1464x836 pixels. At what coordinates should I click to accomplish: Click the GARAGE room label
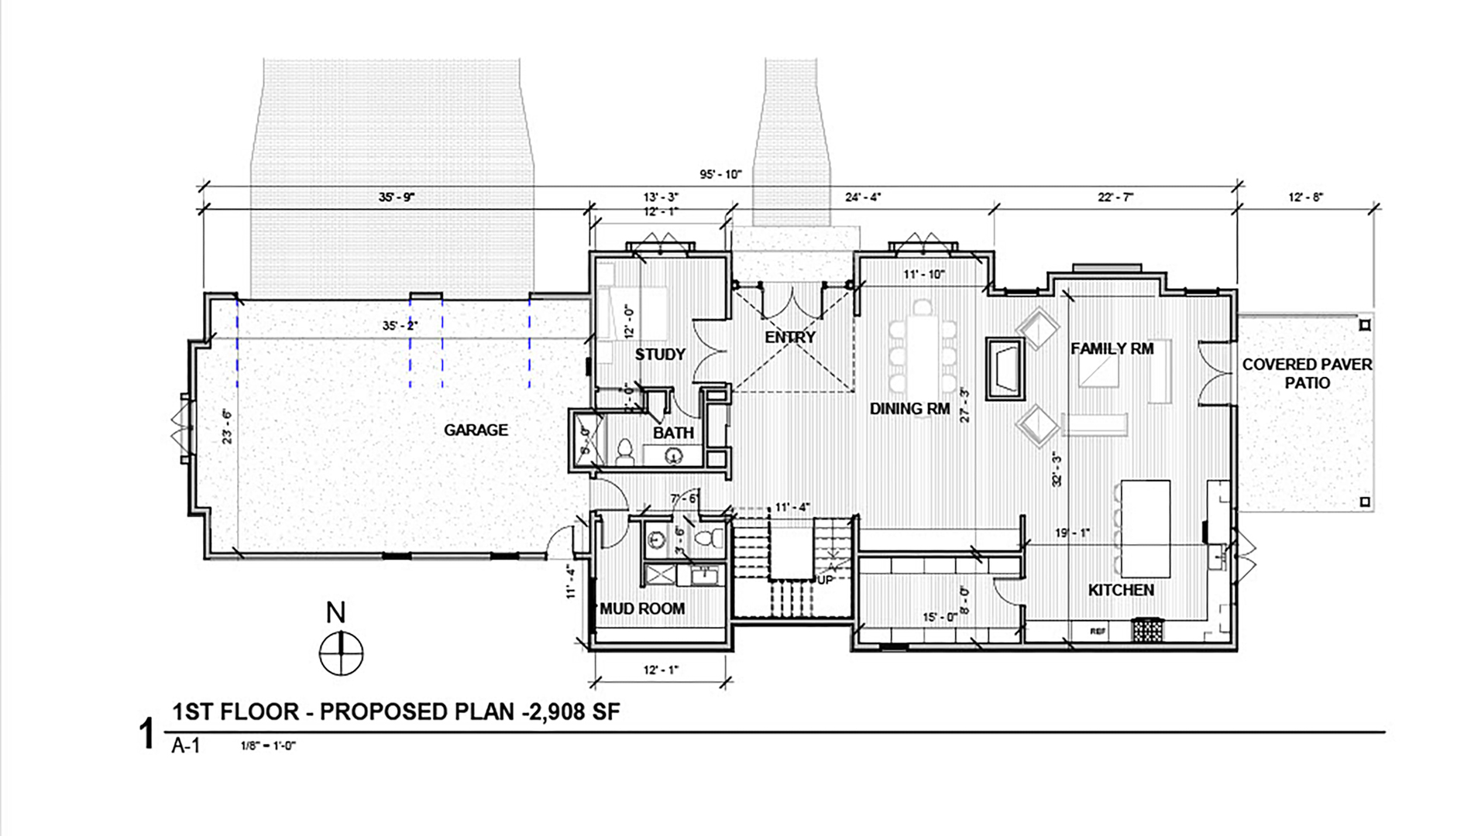tap(476, 430)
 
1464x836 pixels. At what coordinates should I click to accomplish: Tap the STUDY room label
tap(660, 355)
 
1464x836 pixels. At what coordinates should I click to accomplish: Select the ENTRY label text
tap(789, 337)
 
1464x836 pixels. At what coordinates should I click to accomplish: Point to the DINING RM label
tap(909, 409)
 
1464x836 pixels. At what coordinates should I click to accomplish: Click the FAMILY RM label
tap(1112, 349)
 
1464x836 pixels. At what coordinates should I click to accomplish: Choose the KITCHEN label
tap(1121, 591)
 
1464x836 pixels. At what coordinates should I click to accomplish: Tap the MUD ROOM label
tap(643, 609)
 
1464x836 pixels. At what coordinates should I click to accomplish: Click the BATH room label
tap(672, 433)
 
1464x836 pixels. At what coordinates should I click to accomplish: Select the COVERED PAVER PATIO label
tap(1307, 374)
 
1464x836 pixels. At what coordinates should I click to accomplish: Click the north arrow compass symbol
tap(341, 653)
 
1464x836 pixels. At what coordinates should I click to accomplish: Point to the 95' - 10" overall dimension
tap(720, 175)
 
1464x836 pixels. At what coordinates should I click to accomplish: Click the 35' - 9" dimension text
tap(397, 197)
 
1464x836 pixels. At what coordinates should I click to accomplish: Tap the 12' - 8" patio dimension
tap(1305, 197)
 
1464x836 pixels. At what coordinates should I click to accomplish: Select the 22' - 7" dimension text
tap(1115, 197)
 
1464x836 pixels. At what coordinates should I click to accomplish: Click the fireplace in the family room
tap(1005, 368)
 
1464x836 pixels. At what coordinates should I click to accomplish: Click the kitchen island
tap(1145, 525)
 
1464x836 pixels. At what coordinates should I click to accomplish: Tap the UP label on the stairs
tap(825, 579)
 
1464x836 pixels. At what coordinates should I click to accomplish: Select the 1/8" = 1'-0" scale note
tap(269, 746)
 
